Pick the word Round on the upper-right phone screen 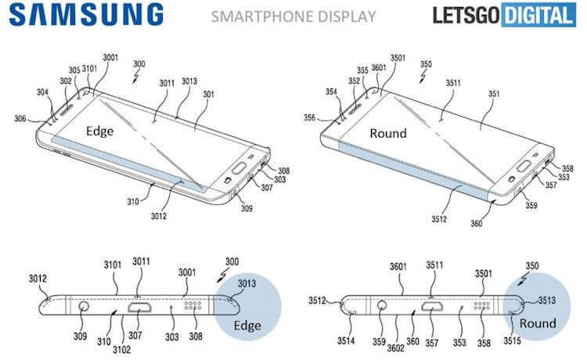(387, 133)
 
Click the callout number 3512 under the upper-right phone (438, 218)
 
